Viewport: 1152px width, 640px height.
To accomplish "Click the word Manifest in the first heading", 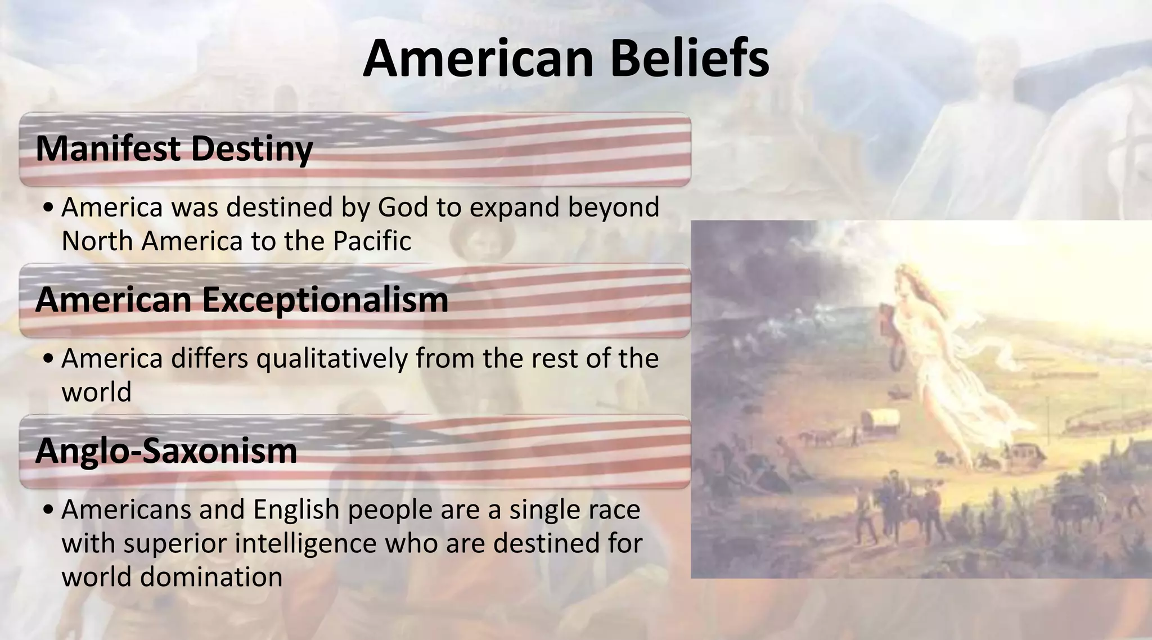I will [108, 148].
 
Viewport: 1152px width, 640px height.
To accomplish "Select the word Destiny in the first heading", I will [251, 148].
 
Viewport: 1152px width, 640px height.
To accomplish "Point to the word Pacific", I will [372, 241].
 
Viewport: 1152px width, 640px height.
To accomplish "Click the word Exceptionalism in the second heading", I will [325, 300].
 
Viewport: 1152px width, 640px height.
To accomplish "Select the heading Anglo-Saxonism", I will [166, 450].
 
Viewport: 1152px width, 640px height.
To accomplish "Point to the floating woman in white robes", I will [934, 349].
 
